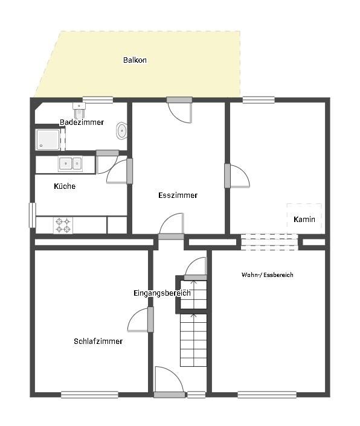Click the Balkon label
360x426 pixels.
tap(135, 60)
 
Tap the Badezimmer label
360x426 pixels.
tap(82, 122)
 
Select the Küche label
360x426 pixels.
tap(65, 186)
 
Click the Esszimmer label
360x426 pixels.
tap(178, 196)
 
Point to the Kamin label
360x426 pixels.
tap(304, 220)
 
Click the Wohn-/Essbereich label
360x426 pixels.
tap(267, 275)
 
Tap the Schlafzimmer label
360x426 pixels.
tap(98, 342)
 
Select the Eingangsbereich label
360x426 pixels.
tap(162, 293)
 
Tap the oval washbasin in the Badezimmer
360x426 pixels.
tap(121, 130)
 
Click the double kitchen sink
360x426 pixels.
tap(69, 164)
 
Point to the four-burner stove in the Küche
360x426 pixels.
tap(63, 226)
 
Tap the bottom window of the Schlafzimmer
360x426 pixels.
tap(89, 395)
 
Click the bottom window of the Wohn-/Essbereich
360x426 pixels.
tap(266, 395)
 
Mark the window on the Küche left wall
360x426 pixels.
tap(32, 215)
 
